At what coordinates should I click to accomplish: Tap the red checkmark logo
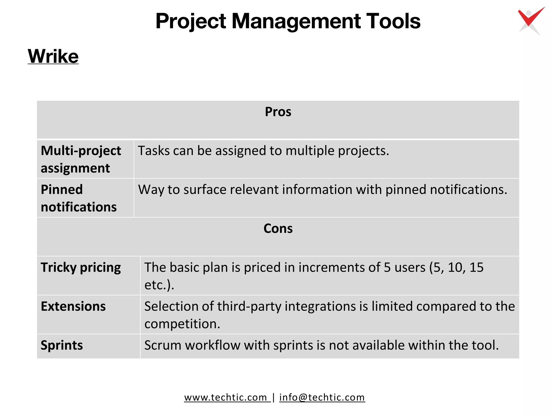[531, 20]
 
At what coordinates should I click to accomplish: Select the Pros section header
[278, 112]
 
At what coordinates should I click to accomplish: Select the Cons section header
[278, 229]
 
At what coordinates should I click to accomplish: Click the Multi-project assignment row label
[81, 159]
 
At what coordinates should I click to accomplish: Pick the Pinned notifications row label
[79, 198]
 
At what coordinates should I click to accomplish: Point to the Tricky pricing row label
[81, 267]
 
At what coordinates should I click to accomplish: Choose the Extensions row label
[73, 306]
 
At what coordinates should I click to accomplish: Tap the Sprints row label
[62, 345]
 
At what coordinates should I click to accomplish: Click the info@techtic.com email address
[322, 397]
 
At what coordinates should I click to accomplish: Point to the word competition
[182, 324]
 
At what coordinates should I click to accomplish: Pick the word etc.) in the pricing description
[159, 285]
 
